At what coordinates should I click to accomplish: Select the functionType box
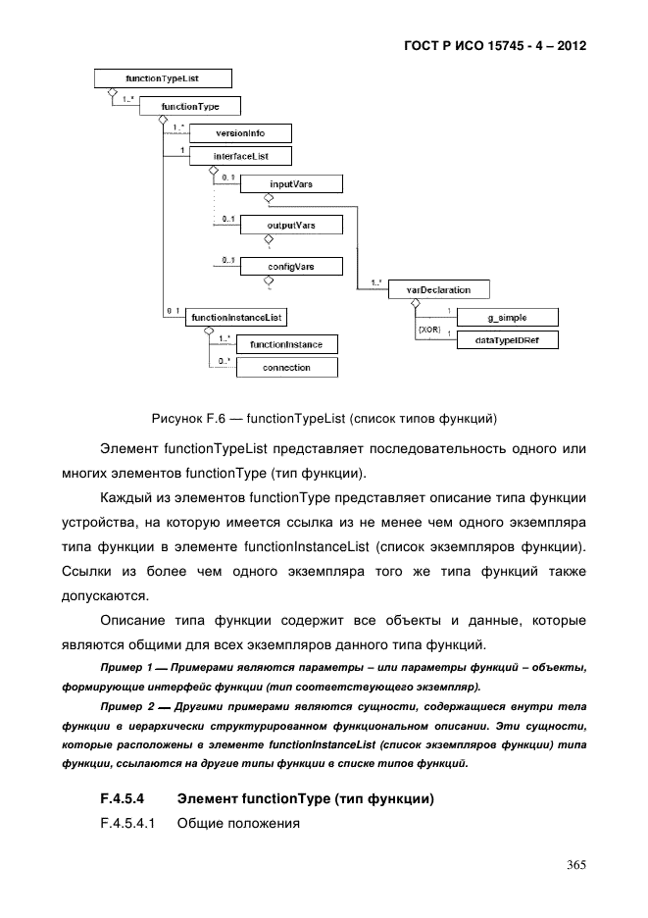tap(191, 106)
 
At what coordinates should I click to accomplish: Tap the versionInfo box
tap(240, 132)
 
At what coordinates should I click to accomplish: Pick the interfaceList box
tap(240, 155)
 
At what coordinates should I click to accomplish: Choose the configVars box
tap(290, 266)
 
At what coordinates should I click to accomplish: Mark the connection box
tap(286, 368)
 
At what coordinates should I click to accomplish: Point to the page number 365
tap(575, 864)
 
